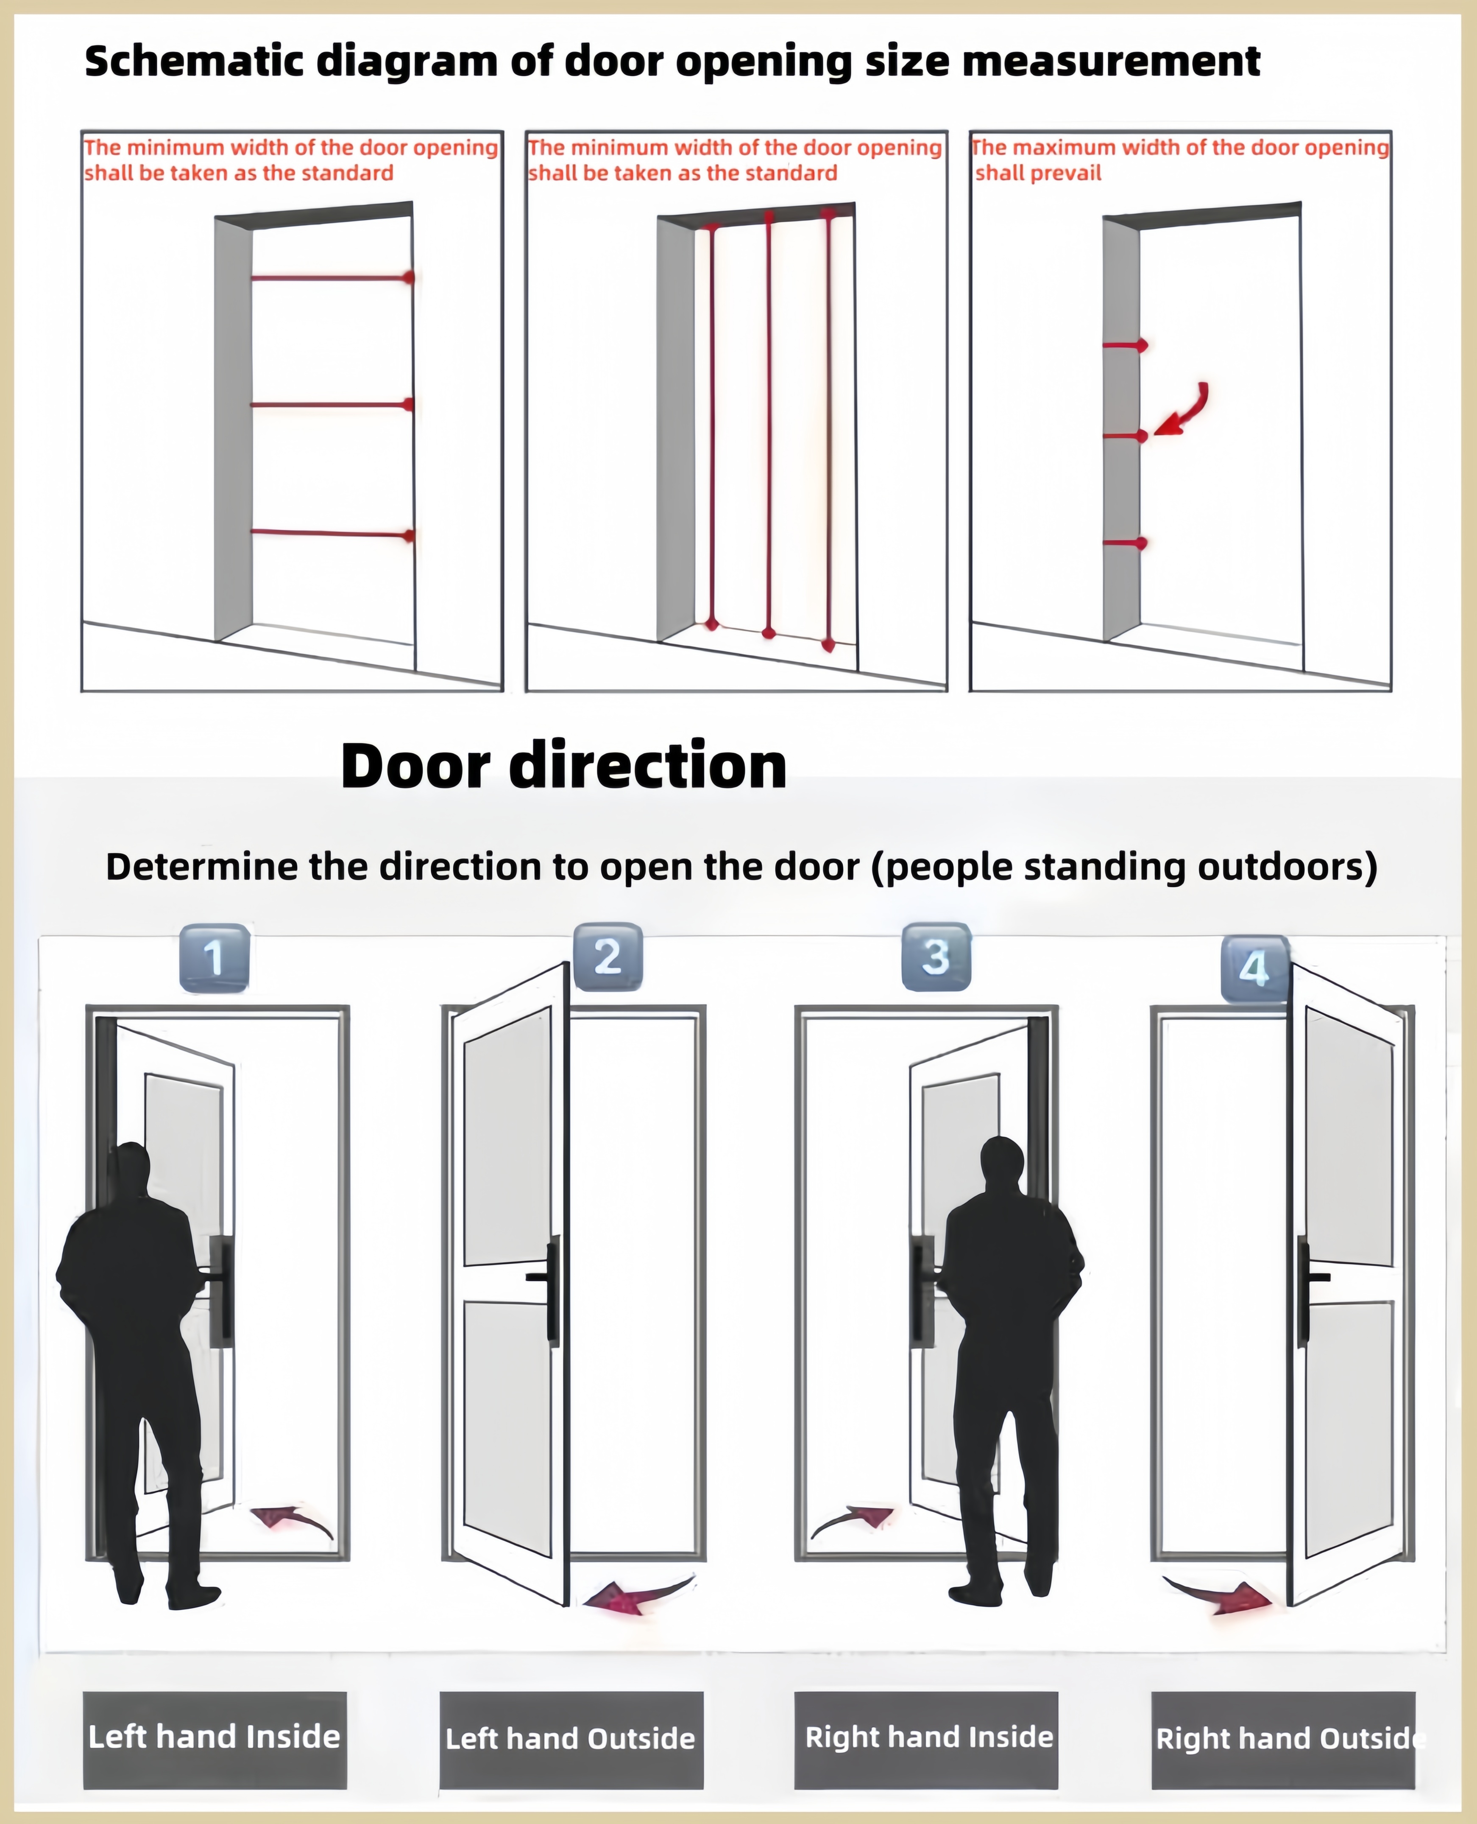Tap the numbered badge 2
pos(608,957)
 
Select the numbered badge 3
pos(936,957)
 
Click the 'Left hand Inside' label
pos(215,1736)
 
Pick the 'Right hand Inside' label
pos(929,1736)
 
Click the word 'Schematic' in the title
pos(195,61)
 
